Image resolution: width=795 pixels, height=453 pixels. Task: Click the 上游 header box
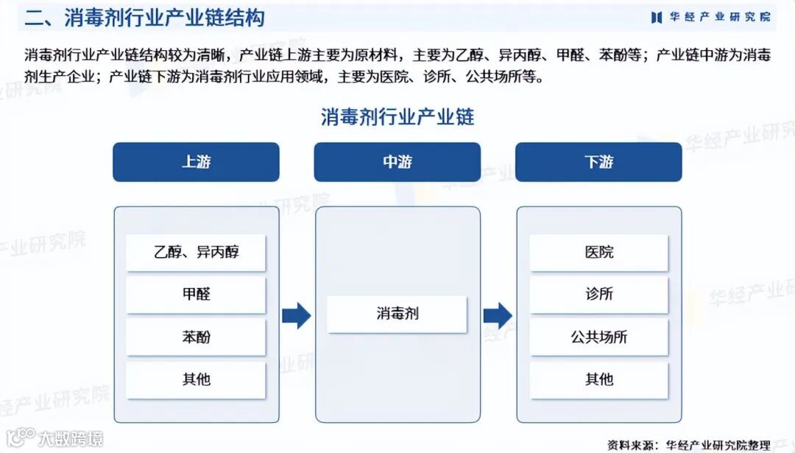(196, 162)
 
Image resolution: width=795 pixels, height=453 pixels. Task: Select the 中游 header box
(397, 162)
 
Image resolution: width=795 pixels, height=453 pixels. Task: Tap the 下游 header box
(598, 162)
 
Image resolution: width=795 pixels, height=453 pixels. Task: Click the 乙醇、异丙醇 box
(196, 253)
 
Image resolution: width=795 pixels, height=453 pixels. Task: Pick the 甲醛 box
(196, 295)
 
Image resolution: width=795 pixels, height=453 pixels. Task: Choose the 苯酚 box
(196, 337)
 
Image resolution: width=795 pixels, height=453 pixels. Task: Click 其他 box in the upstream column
(196, 380)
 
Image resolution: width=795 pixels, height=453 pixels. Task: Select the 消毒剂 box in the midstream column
(397, 315)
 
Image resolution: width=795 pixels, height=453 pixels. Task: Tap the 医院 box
(598, 253)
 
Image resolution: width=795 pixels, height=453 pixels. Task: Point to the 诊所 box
(598, 295)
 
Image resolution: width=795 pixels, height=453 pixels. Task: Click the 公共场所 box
(598, 337)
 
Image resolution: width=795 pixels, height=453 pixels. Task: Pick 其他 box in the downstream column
(598, 380)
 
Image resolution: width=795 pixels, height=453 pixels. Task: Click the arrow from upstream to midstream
(297, 315)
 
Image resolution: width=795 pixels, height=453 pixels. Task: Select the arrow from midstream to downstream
(498, 315)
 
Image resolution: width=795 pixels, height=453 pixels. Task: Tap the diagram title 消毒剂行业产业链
(397, 116)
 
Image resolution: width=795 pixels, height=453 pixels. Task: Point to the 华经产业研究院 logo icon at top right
(656, 17)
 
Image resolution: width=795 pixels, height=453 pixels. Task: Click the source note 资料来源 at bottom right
(688, 444)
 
